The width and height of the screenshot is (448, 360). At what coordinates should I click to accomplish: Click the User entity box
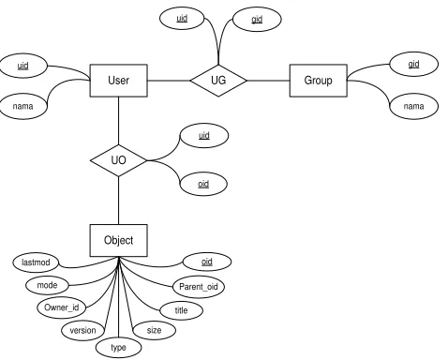[118, 81]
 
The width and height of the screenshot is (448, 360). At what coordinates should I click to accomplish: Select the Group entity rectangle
[319, 81]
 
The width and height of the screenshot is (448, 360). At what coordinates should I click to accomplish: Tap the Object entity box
[118, 240]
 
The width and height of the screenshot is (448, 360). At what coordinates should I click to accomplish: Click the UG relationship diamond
[218, 81]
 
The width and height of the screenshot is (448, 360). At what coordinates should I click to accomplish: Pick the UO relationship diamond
[118, 160]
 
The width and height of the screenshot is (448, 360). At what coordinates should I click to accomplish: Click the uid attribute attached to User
[23, 66]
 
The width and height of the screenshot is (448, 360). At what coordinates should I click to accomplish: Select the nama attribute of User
[23, 106]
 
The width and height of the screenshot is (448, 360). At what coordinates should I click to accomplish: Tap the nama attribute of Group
[414, 106]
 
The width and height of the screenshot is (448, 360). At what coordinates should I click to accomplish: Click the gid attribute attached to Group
[414, 64]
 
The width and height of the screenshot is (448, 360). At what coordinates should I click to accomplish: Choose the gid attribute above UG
[257, 20]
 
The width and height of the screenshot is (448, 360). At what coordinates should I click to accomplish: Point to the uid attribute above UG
[182, 19]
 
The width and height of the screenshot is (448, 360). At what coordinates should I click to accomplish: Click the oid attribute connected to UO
[203, 184]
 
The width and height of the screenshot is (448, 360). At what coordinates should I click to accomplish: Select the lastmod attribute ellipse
[36, 262]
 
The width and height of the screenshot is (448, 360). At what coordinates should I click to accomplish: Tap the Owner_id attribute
[62, 307]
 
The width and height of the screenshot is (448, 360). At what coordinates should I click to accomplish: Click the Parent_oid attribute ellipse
[199, 287]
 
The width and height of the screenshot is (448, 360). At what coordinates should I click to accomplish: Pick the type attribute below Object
[118, 348]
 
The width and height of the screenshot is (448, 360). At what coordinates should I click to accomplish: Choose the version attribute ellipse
[82, 330]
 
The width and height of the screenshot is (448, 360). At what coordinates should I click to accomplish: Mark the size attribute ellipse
[154, 330]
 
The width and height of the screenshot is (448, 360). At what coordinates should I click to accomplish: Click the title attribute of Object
[181, 310]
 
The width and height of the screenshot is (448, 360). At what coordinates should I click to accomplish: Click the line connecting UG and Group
[268, 81]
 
